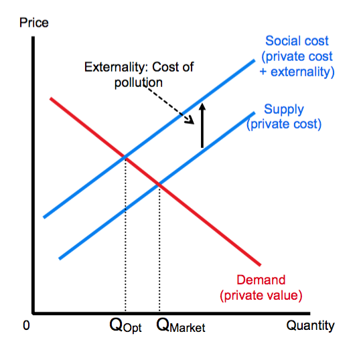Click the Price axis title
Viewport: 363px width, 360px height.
click(x=34, y=23)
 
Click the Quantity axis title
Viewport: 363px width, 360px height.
click(x=310, y=326)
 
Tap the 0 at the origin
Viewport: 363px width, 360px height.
click(x=25, y=326)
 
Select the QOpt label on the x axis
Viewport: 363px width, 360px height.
click(x=125, y=327)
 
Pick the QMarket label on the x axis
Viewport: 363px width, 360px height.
click(x=180, y=327)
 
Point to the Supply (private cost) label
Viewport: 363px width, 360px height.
click(x=284, y=116)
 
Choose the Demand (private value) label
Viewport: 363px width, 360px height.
click(x=261, y=287)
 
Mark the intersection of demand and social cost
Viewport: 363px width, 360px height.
click(x=125, y=157)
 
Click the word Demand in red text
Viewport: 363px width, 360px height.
click(x=261, y=280)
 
